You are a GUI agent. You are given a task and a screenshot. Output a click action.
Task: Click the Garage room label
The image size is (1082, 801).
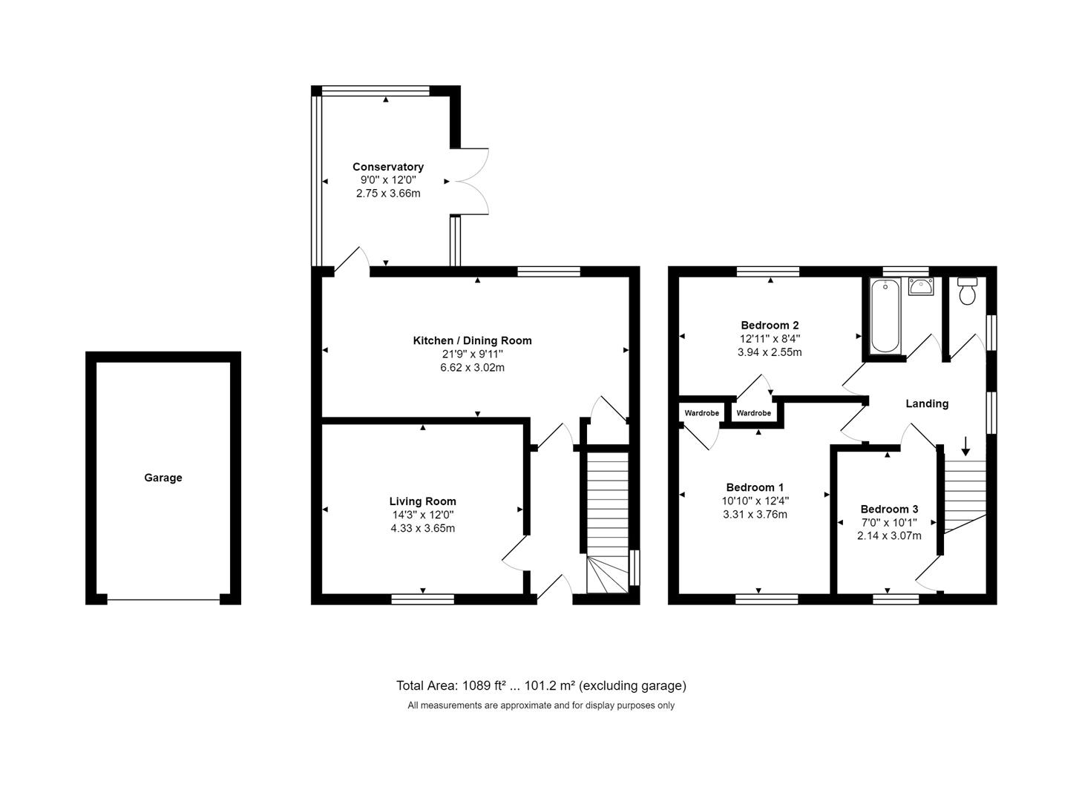click(x=163, y=478)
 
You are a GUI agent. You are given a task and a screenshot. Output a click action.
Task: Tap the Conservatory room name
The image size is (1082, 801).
click(x=388, y=167)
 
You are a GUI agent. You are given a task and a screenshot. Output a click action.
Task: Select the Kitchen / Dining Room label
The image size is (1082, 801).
click(x=472, y=340)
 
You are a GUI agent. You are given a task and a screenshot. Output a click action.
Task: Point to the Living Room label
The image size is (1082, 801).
click(x=422, y=501)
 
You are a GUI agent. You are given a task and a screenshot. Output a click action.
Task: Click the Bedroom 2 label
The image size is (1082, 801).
click(x=770, y=325)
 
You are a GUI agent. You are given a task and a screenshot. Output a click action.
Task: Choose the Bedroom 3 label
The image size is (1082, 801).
click(x=889, y=509)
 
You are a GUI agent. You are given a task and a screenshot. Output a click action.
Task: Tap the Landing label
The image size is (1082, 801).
click(x=927, y=403)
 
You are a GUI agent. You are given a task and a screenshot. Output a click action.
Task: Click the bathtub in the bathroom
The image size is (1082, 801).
click(x=885, y=315)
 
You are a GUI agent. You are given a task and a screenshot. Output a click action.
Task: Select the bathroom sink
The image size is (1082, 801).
click(x=920, y=286)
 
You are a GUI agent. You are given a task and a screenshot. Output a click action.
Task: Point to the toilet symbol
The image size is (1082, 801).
click(x=967, y=291)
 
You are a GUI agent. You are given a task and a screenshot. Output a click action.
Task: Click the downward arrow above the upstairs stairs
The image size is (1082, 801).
click(x=965, y=446)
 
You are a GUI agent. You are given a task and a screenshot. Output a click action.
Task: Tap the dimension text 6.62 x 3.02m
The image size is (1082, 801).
click(x=472, y=368)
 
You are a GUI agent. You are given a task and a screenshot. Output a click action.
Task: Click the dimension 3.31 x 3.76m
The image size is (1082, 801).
click(x=755, y=514)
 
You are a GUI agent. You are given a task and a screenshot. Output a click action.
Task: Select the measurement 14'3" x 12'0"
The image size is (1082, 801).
click(x=422, y=515)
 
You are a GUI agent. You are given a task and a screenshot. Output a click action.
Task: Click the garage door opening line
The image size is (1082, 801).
click(x=163, y=599)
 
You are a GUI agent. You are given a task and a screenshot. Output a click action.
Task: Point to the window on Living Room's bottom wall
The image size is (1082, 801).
click(x=422, y=599)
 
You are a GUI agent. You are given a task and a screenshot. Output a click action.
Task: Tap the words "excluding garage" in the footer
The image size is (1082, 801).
click(x=632, y=686)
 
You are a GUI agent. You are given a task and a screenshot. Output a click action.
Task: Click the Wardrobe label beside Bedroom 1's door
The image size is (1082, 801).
click(x=701, y=413)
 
